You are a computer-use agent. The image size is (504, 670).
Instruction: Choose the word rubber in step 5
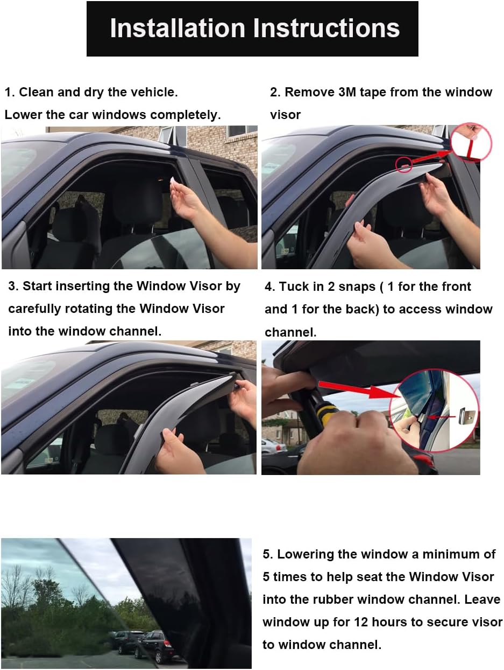point(333,599)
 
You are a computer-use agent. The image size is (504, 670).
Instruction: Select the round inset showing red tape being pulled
point(471,143)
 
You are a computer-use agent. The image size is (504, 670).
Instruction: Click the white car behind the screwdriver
point(273,446)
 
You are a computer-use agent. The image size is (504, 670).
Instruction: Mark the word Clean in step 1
point(36,92)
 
